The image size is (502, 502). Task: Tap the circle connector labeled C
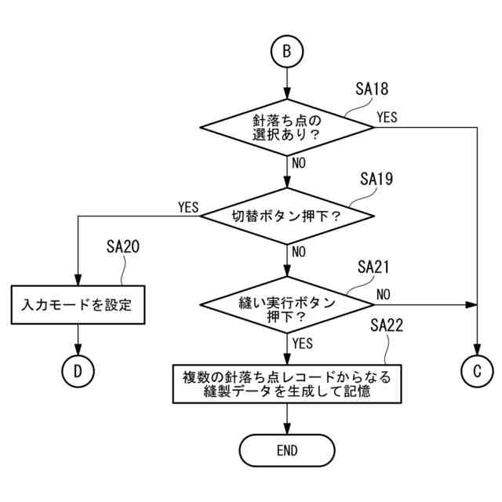[477, 372]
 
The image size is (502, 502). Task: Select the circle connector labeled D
[78, 372]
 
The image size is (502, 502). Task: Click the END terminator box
[287, 450]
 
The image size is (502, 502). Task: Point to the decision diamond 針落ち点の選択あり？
[287, 127]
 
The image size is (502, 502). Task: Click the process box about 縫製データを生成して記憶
[287, 384]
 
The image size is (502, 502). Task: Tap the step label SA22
[387, 326]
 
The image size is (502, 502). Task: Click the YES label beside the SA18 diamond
[387, 118]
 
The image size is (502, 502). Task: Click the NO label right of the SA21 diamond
[384, 294]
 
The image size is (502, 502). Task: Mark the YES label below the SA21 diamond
[302, 344]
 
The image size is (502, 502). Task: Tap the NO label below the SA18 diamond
[299, 164]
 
